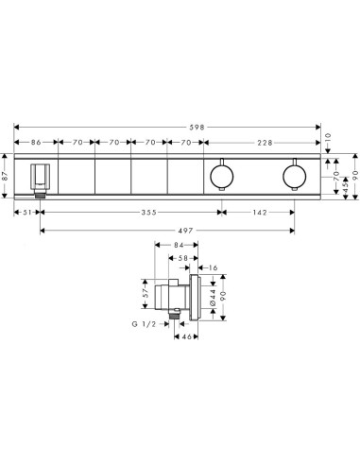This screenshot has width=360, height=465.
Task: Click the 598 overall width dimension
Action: pos(197,128)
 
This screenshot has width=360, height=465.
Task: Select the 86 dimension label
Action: pos(36,143)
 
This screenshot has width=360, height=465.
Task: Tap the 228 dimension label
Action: pos(265,143)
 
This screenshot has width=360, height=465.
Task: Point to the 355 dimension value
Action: pos(148,213)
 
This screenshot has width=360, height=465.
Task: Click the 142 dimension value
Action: pos(260,213)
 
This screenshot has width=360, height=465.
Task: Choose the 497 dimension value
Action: pos(185,231)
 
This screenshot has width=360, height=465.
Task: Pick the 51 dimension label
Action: pos(27,213)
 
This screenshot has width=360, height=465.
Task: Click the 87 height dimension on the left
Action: pos(5,176)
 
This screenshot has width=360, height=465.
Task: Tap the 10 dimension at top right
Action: pos(328,137)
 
